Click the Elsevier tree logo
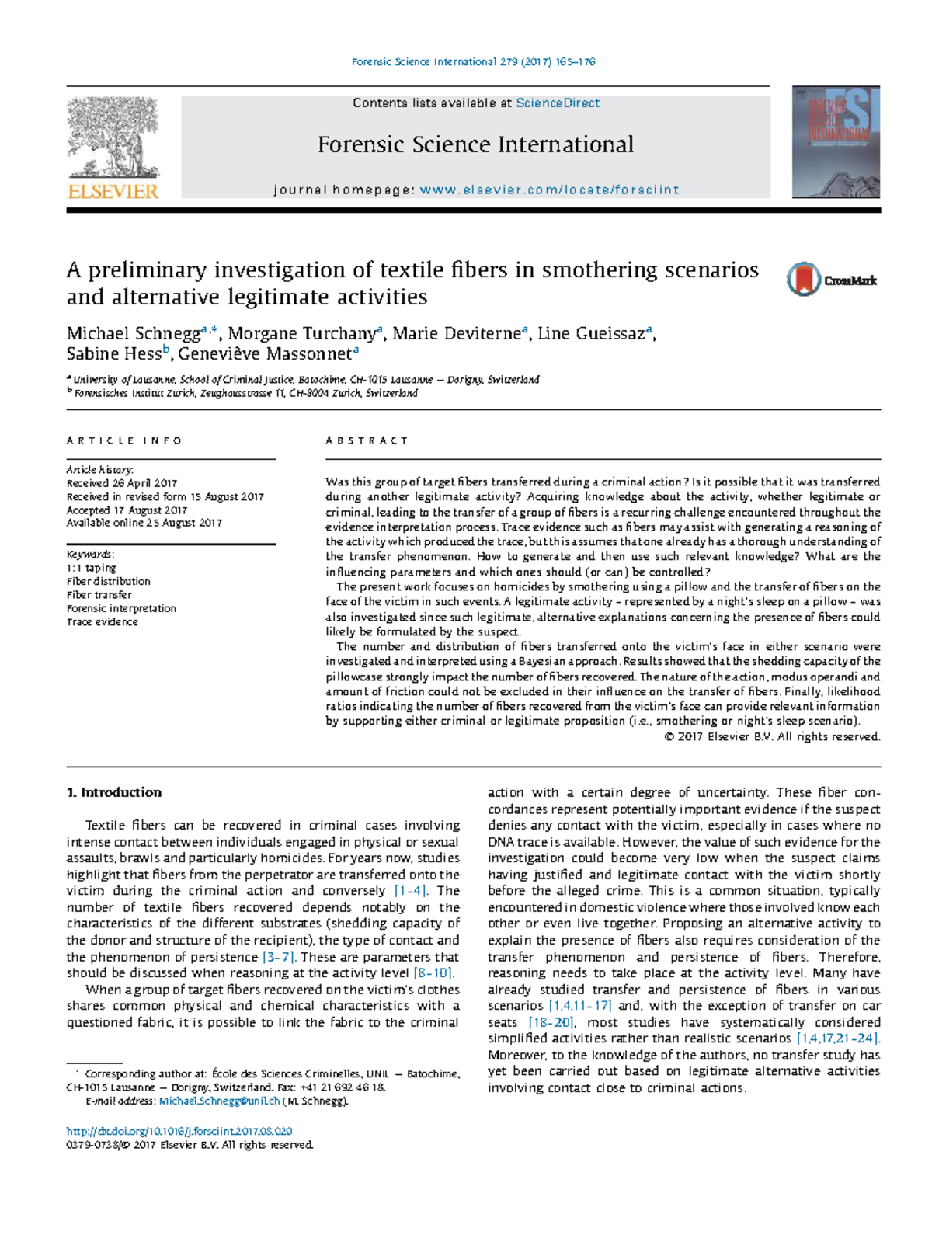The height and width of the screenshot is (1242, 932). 113,148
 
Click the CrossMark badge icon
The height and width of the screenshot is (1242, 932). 831,280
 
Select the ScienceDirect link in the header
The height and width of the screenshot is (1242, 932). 558,103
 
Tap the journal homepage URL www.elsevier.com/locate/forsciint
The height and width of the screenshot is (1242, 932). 549,190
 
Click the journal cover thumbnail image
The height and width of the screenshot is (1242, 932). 836,142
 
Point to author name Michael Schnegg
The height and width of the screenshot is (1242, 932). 133,334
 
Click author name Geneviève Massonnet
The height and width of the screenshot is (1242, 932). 264,355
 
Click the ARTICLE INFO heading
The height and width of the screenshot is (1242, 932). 124,440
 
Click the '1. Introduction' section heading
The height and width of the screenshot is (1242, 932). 114,793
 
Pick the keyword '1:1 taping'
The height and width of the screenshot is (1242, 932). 91,568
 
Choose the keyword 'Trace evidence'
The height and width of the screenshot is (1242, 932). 102,622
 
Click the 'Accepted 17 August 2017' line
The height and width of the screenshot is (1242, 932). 127,510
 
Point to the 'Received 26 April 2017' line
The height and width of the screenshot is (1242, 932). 122,483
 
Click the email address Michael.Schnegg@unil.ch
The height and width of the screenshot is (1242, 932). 219,1101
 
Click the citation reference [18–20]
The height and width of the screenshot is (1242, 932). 551,1023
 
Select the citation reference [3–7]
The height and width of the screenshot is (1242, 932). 279,957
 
